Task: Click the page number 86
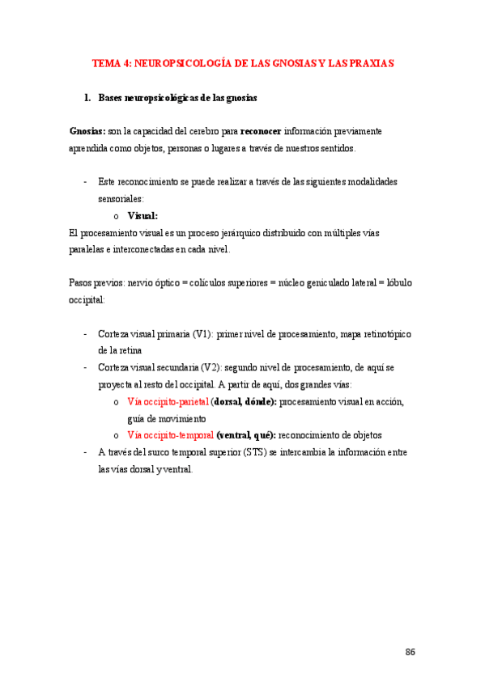pyautogui.click(x=410, y=652)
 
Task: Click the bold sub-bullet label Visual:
pyautogui.click(x=143, y=216)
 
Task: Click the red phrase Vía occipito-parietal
pyautogui.click(x=168, y=401)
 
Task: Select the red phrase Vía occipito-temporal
pyautogui.click(x=170, y=434)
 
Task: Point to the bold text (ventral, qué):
pyautogui.click(x=245, y=434)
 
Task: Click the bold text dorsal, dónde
pyautogui.click(x=244, y=401)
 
